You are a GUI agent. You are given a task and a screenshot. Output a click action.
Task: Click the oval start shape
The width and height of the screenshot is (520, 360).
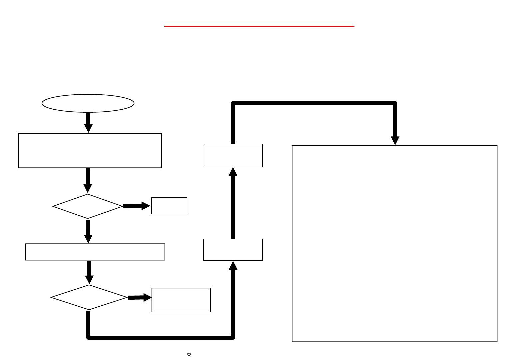88,103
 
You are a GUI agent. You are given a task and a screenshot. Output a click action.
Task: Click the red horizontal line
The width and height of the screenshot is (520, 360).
259,26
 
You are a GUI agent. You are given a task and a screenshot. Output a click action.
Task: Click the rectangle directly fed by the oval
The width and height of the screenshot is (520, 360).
90,150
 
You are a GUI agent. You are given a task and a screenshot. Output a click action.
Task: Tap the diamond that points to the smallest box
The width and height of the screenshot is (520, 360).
88,206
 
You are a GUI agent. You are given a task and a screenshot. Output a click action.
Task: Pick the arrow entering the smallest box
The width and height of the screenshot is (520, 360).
137,206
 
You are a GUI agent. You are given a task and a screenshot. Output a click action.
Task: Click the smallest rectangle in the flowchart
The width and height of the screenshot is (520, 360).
169,206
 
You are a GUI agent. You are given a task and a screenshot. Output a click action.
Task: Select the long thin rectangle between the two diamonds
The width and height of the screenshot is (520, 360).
95,252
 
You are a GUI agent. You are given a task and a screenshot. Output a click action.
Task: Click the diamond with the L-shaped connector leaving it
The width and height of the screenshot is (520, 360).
89,297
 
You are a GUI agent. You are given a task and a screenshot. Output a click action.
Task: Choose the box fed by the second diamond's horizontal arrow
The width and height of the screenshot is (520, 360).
181,300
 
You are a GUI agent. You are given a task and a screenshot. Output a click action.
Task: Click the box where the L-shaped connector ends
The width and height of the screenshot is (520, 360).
233,250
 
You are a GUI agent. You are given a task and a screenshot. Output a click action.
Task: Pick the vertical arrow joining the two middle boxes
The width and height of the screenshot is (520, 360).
233,203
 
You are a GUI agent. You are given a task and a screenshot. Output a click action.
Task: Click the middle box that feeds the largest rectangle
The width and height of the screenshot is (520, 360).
233,156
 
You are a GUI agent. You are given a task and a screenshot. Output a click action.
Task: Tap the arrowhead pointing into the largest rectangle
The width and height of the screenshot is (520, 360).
395,140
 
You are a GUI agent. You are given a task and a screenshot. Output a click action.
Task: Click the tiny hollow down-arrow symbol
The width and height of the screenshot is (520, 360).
189,353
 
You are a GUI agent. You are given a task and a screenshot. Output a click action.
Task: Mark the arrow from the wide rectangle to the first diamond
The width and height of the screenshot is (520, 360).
88,180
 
